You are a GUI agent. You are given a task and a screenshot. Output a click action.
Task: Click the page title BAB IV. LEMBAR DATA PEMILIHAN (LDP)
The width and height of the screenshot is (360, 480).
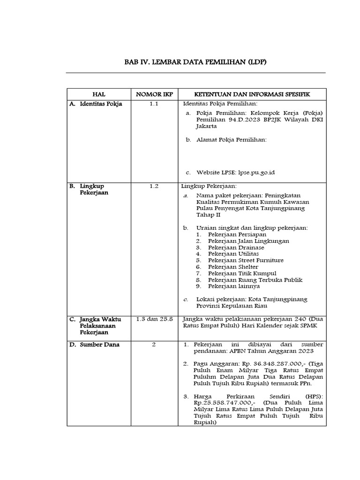coord(195,62)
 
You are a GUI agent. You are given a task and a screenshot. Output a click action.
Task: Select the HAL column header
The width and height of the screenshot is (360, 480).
coord(99,95)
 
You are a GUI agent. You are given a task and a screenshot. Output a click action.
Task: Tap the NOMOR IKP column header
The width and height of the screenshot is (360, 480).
coord(154,95)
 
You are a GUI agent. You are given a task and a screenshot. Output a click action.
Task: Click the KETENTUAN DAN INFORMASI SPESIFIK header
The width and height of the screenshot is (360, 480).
coord(253,95)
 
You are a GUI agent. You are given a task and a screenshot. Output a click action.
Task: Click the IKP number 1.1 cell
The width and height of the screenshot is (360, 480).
coord(154,104)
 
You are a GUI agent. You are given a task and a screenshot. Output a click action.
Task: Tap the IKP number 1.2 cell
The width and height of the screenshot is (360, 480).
coord(154,186)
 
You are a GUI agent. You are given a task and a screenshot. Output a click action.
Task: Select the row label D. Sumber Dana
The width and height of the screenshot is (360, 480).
coord(96,345)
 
